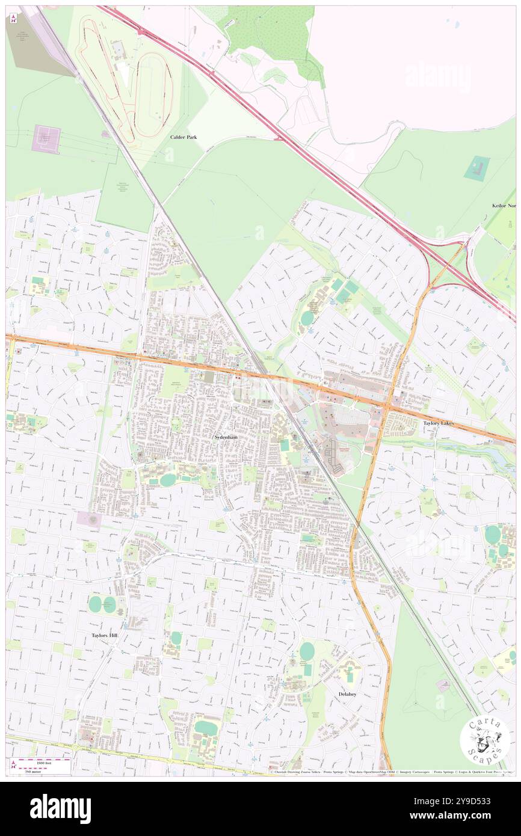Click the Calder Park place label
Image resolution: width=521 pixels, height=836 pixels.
tap(183, 137)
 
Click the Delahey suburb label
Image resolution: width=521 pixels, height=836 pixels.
tap(347, 694)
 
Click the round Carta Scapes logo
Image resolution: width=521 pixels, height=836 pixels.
tap(485, 742)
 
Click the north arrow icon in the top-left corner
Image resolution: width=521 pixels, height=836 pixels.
tap(13, 19)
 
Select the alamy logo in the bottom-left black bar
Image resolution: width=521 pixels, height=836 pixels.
tap(60, 808)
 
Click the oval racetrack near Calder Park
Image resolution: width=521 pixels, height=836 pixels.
tap(154, 94)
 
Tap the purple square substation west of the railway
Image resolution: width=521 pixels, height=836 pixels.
tap(46, 139)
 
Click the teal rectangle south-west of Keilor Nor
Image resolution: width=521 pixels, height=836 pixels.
tap(476, 167)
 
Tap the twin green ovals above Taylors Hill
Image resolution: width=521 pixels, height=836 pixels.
tap(102, 604)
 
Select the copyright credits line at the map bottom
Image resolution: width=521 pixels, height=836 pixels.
tap(391, 772)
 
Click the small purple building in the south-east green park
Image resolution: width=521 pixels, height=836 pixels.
tap(442, 686)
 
